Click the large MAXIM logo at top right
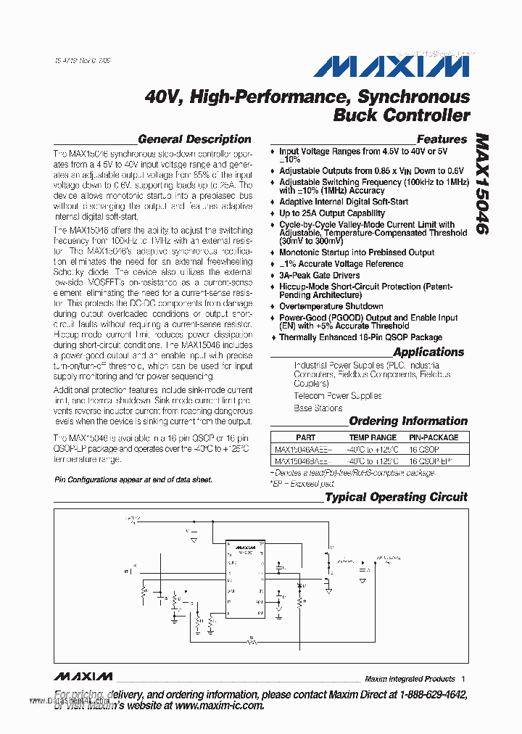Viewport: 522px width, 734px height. click(391, 67)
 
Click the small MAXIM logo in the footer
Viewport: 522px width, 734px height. click(83, 677)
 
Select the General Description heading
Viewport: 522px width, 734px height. click(194, 139)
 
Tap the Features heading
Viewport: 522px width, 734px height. click(442, 139)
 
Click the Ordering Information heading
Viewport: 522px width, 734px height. click(408, 421)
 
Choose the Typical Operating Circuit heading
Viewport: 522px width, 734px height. click(396, 497)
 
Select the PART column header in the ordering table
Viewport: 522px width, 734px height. click(306, 437)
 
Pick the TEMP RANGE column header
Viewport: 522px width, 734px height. click(373, 437)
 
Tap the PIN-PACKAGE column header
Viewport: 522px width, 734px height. click(434, 437)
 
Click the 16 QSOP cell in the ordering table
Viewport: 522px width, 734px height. click(423, 449)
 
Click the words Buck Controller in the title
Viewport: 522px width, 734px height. click(401, 115)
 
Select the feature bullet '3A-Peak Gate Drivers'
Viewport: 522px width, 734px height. click(320, 276)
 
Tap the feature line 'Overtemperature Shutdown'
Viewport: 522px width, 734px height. click(331, 306)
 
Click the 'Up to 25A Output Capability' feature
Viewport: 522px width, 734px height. click(332, 213)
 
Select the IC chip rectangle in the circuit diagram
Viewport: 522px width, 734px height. click(247, 580)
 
